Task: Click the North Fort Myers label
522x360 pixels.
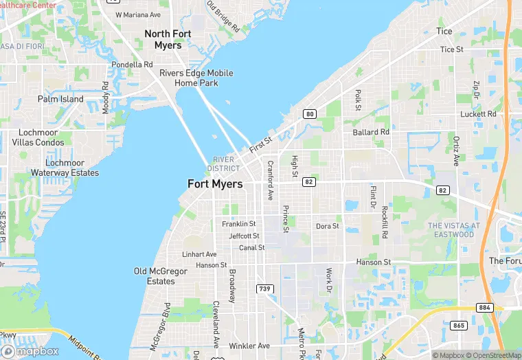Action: (163, 39)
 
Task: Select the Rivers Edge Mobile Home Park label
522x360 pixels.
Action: (196, 78)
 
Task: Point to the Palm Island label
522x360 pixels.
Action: (60, 99)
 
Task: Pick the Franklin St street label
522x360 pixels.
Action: (239, 224)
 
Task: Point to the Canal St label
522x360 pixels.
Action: (251, 247)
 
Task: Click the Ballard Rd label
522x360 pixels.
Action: (371, 132)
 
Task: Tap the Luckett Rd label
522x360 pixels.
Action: (479, 114)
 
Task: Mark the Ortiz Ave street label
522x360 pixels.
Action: (456, 150)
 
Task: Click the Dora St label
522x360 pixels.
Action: (327, 226)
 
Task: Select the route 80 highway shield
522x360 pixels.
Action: (310, 114)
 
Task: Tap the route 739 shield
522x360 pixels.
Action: (264, 289)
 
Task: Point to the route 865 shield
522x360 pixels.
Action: (459, 324)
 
